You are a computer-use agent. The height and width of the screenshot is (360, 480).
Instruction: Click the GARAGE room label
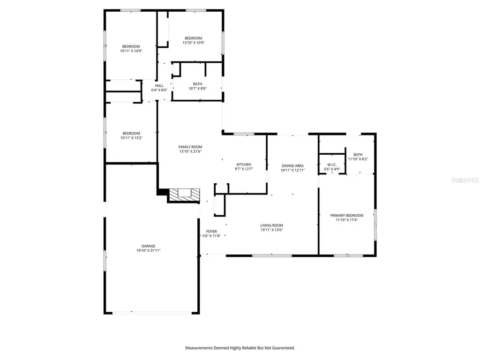(x=149, y=246)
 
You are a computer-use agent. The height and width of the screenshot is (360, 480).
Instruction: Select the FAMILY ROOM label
(x=190, y=147)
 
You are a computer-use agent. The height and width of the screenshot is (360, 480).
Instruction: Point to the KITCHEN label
(x=244, y=165)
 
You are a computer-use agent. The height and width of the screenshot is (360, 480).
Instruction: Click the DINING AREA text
(x=292, y=165)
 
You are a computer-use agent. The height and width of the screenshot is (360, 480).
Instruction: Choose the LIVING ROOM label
(x=272, y=225)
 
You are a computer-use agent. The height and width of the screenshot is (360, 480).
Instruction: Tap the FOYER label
(x=211, y=232)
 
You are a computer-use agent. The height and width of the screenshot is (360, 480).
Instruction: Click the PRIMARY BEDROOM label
(x=346, y=215)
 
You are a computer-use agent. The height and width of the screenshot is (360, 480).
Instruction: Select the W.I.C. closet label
(x=332, y=165)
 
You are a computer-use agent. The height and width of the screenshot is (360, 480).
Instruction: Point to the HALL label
(x=159, y=86)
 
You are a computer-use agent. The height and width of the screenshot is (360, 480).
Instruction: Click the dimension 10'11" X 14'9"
(x=131, y=51)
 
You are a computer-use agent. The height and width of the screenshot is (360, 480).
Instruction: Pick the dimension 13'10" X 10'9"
(x=193, y=43)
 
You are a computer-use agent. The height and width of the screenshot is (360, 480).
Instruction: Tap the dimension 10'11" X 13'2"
(x=131, y=138)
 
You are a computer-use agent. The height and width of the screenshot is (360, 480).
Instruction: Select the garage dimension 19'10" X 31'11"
(x=149, y=251)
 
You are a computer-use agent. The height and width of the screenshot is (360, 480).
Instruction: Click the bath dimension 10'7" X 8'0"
(x=197, y=88)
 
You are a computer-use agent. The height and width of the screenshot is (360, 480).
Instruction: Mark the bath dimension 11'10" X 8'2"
(x=358, y=159)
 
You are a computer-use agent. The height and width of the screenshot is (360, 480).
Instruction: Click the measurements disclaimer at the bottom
(x=240, y=348)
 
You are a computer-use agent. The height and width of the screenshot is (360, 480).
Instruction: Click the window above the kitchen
(x=244, y=134)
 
